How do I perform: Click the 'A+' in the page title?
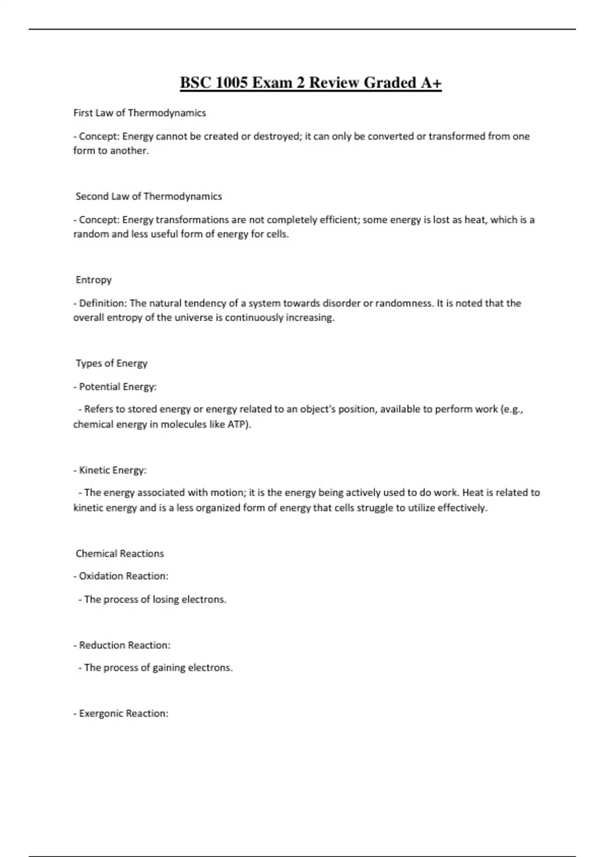(x=431, y=83)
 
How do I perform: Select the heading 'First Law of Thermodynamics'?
(x=140, y=113)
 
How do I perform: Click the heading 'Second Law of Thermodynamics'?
(x=149, y=197)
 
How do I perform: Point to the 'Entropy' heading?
(x=94, y=280)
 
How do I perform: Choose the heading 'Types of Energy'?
(x=111, y=363)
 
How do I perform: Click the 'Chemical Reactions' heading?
(x=120, y=554)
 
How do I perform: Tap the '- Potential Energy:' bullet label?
(x=115, y=387)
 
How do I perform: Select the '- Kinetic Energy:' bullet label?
(x=110, y=470)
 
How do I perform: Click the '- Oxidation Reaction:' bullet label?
(x=121, y=576)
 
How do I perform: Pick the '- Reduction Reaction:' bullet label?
(x=122, y=645)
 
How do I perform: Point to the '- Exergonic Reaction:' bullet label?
(x=121, y=714)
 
